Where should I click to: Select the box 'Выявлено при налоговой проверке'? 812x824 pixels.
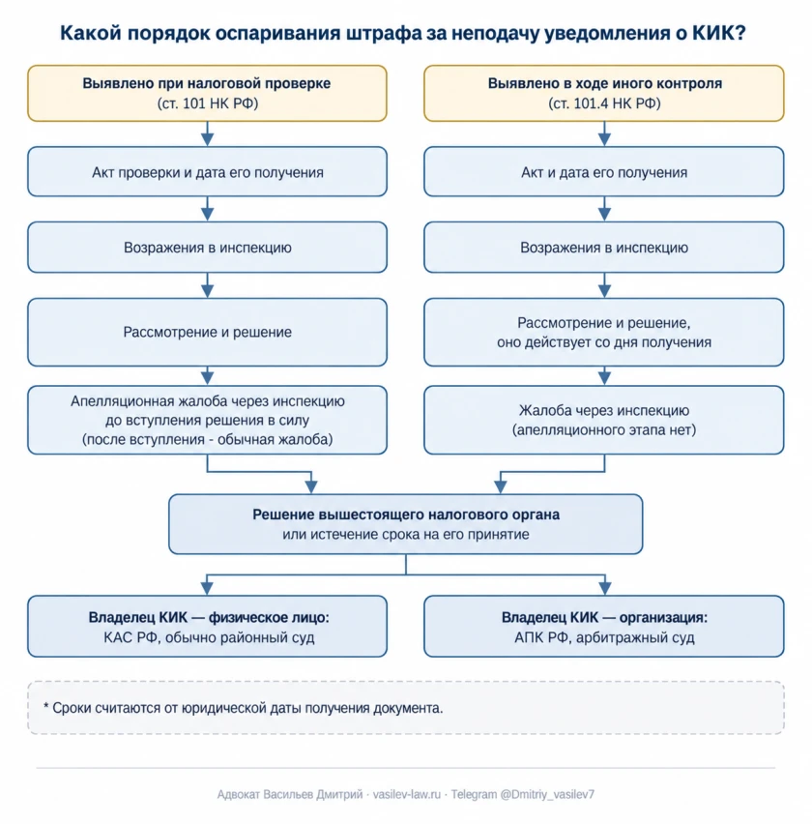(208, 94)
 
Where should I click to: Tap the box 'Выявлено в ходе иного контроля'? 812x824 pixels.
(604, 94)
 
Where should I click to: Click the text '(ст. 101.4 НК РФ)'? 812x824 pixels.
(604, 103)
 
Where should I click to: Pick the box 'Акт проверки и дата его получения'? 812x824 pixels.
(208, 172)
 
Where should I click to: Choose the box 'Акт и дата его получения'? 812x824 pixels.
(604, 172)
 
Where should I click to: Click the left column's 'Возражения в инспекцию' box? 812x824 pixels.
(208, 248)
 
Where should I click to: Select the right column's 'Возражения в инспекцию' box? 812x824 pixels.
(604, 248)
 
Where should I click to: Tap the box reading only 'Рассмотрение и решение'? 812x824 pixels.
(208, 332)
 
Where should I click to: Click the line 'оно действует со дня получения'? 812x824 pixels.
(604, 342)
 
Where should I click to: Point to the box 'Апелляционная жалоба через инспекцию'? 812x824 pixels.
(208, 420)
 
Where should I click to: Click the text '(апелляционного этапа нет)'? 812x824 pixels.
(604, 429)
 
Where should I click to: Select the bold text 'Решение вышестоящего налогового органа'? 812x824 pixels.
(406, 515)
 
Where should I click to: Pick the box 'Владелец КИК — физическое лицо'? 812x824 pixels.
(208, 627)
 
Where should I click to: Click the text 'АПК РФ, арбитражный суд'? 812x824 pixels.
(604, 637)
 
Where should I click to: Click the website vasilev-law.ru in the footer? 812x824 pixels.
(407, 794)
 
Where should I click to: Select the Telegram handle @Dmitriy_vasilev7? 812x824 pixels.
(547, 794)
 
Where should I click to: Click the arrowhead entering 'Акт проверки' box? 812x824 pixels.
(208, 139)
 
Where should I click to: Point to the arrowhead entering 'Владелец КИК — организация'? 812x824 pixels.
(604, 588)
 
